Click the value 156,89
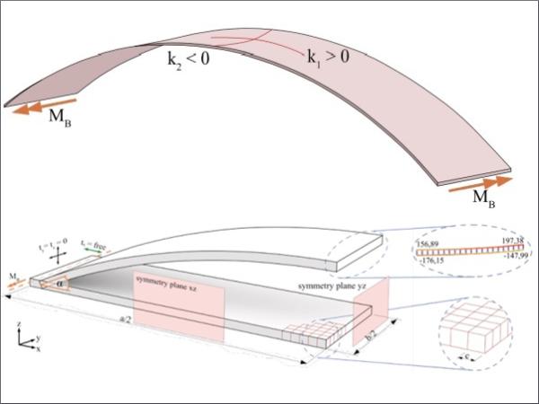pyautogui.click(x=431, y=243)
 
